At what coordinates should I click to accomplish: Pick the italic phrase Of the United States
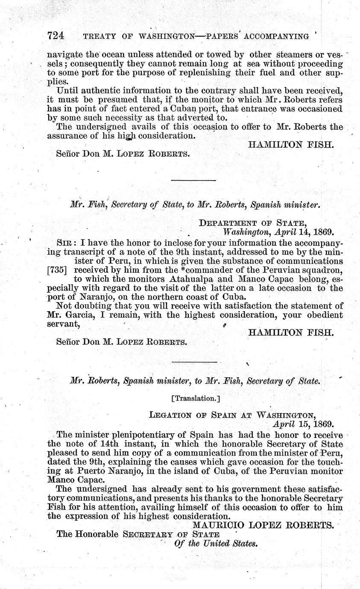[x=217, y=543]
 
